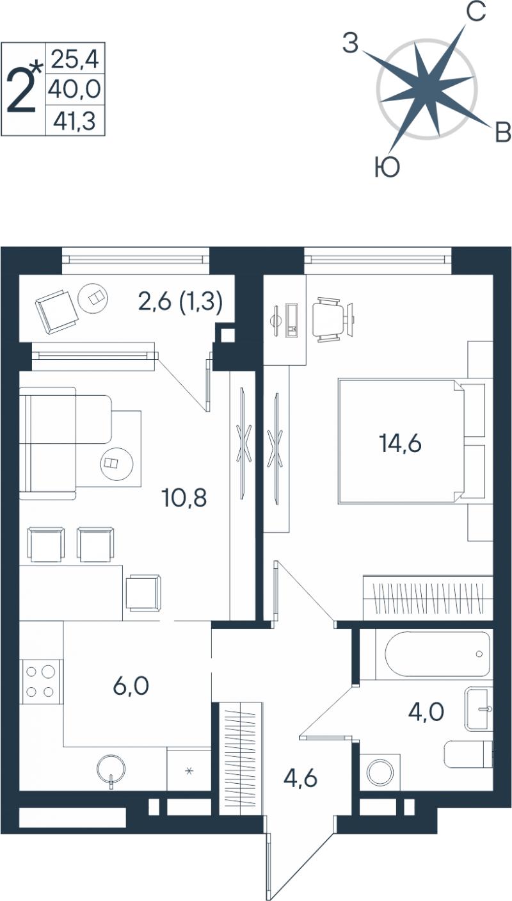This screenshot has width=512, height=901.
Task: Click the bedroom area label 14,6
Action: pyautogui.click(x=400, y=443)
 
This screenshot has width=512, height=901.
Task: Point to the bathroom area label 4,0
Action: pyautogui.click(x=426, y=711)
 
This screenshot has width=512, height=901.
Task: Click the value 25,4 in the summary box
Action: pyautogui.click(x=75, y=59)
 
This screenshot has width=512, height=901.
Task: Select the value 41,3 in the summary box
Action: pyautogui.click(x=75, y=121)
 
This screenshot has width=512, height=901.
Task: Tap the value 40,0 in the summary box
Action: pyautogui.click(x=74, y=89)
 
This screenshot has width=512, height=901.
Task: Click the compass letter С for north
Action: pyautogui.click(x=476, y=12)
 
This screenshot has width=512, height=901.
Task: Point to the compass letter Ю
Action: pyautogui.click(x=387, y=166)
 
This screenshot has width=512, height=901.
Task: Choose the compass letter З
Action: pyautogui.click(x=350, y=43)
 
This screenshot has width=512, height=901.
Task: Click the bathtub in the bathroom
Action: pyautogui.click(x=437, y=654)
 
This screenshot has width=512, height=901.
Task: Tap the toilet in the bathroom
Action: pyautogui.click(x=468, y=754)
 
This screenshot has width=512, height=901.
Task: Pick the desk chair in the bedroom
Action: pyautogui.click(x=329, y=319)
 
